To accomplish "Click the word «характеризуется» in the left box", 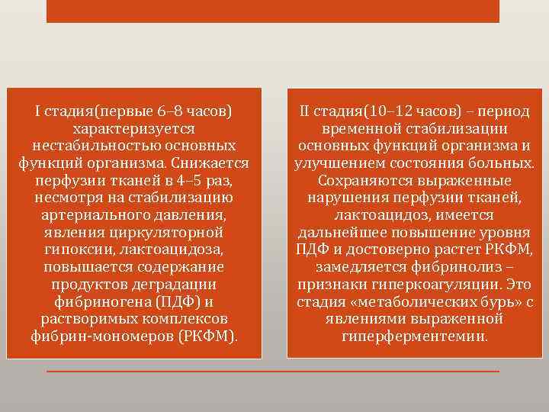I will point(134,129).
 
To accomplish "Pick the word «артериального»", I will point(85,214).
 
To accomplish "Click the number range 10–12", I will point(378,111).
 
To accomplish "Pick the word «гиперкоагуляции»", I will point(433,285).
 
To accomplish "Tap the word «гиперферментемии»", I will point(413,336).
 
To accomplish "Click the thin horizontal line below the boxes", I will point(272,372).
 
